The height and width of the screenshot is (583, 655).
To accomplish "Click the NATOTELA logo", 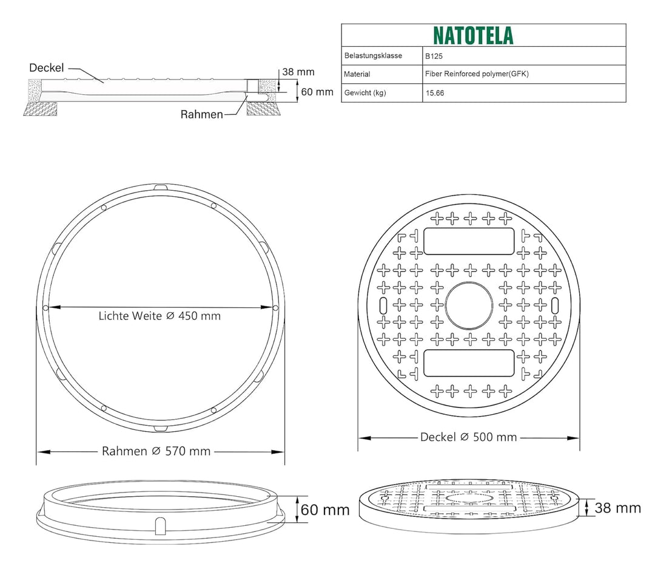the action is [473, 36].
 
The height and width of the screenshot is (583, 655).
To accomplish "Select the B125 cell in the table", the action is [434, 56].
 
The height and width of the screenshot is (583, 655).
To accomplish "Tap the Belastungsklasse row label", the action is [373, 56].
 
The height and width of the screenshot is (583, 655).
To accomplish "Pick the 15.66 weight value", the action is [435, 93].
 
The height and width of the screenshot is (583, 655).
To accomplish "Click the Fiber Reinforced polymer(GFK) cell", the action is [477, 74].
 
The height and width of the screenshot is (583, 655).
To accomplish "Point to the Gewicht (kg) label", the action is [365, 93].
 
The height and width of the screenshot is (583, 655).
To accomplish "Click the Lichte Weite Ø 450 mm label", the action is [160, 316].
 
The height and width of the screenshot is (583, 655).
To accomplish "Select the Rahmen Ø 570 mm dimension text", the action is [156, 451].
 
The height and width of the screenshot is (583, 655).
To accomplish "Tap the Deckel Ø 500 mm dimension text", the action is [469, 437].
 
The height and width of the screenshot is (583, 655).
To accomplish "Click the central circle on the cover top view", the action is [469, 305].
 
